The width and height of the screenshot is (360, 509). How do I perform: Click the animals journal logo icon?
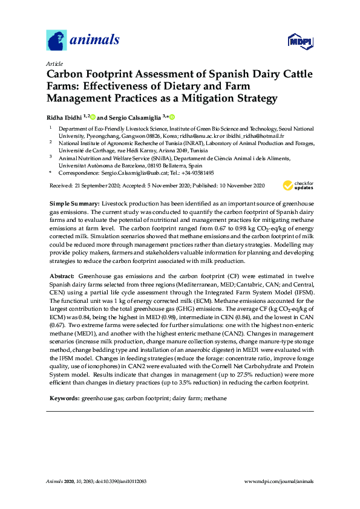pos(56,41)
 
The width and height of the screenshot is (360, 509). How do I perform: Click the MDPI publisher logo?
pos(303,41)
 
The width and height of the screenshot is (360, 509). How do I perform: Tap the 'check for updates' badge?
pos(299,186)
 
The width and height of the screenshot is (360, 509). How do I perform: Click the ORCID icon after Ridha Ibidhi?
pos(93,117)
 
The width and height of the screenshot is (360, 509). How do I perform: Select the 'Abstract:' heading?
pos(62,276)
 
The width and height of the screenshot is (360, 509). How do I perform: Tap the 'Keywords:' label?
pos(64,400)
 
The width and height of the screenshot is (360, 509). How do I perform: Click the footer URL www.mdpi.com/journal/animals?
pos(278,482)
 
